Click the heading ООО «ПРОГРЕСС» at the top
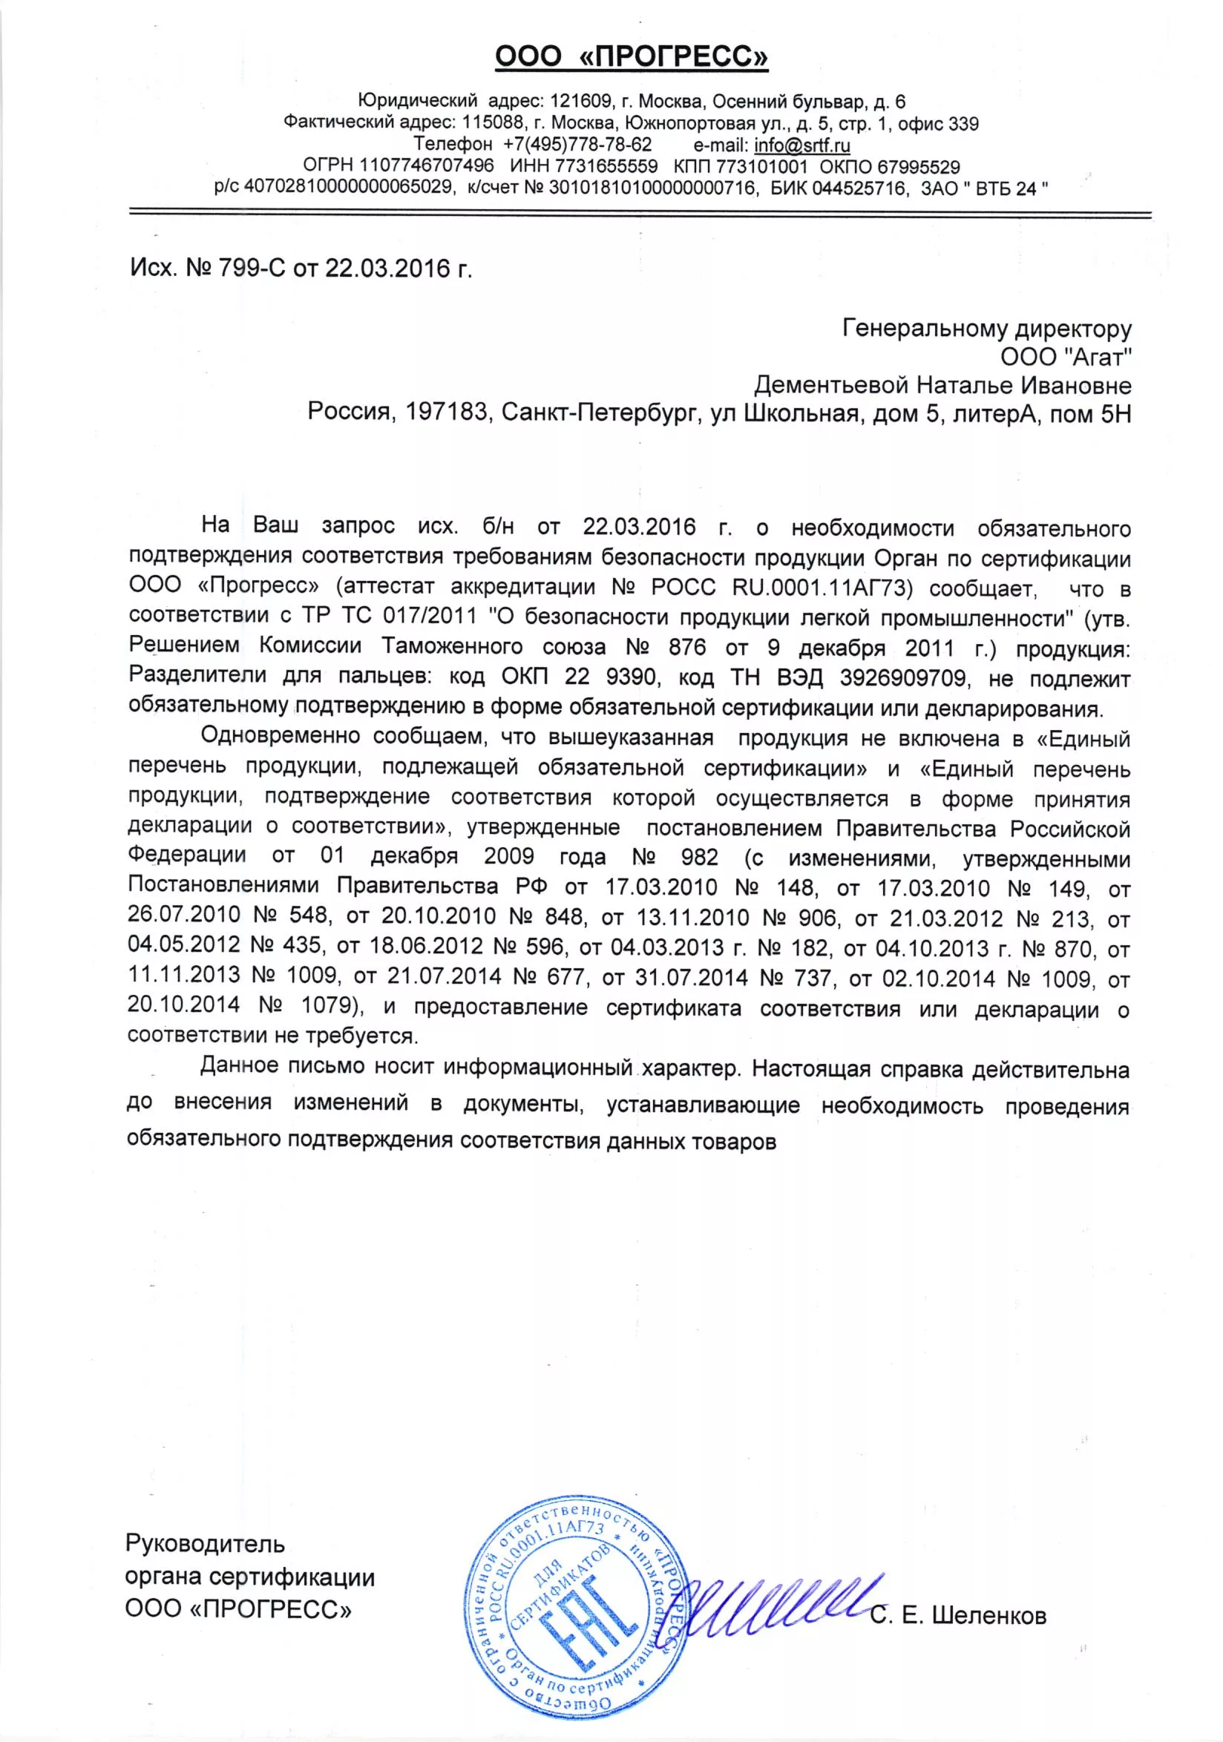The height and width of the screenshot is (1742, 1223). [x=632, y=56]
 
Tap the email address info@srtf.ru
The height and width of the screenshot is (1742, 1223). [x=802, y=145]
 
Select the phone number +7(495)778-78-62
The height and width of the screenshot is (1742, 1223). [x=577, y=145]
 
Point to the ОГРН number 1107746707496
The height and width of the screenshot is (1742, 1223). [x=427, y=166]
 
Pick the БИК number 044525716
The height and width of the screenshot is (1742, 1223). [x=859, y=188]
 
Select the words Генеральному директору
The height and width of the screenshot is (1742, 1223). [x=987, y=329]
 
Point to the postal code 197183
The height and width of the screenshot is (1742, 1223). [x=446, y=413]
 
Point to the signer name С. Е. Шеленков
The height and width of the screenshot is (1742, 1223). [x=958, y=1615]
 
